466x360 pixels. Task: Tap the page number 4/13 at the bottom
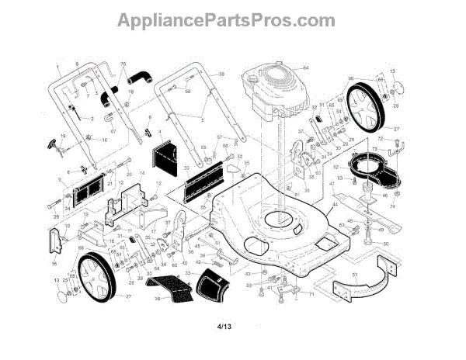(x=226, y=326)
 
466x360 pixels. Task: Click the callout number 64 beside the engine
(x=306, y=68)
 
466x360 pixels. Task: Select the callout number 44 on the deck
(x=336, y=203)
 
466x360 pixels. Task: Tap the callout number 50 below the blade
(x=385, y=243)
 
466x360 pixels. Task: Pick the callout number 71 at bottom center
(x=311, y=294)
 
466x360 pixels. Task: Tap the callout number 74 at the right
(x=392, y=207)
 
